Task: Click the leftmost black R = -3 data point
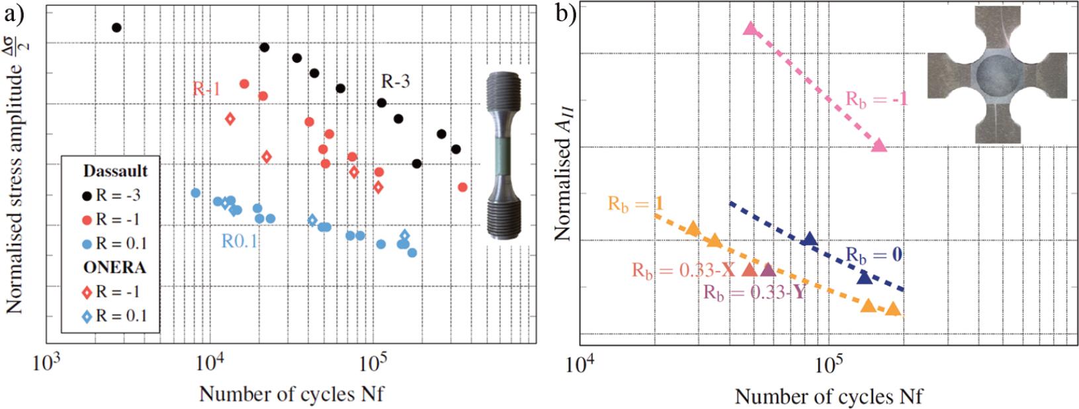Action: tap(116, 28)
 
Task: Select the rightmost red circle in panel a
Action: tap(462, 187)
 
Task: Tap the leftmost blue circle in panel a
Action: tap(195, 192)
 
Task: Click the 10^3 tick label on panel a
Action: tap(46, 363)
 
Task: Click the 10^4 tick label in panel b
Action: tap(580, 363)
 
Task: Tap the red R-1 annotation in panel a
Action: tap(206, 89)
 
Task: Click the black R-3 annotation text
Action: tap(397, 81)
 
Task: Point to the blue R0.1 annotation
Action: tap(239, 242)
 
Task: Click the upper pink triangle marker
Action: tap(750, 28)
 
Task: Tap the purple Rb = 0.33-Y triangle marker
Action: tap(767, 270)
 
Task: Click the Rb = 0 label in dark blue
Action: tap(875, 254)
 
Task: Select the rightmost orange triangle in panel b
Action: tap(893, 309)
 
